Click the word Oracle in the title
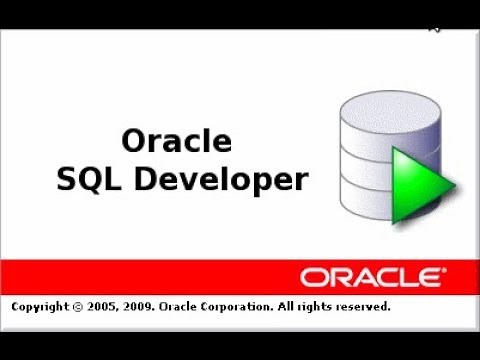click(176, 140)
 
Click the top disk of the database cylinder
click(371, 109)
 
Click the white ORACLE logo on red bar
click(369, 276)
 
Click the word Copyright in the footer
click(42, 307)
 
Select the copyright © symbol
click(83, 307)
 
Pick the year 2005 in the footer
click(106, 307)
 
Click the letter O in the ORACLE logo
click(311, 276)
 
